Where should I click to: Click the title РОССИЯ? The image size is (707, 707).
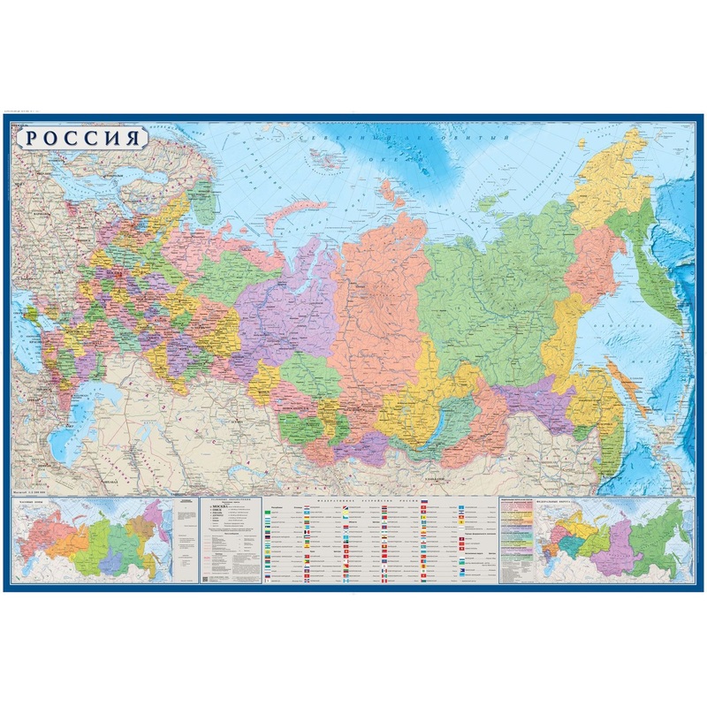pos(81,139)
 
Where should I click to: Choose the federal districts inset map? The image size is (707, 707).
pos(610,544)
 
